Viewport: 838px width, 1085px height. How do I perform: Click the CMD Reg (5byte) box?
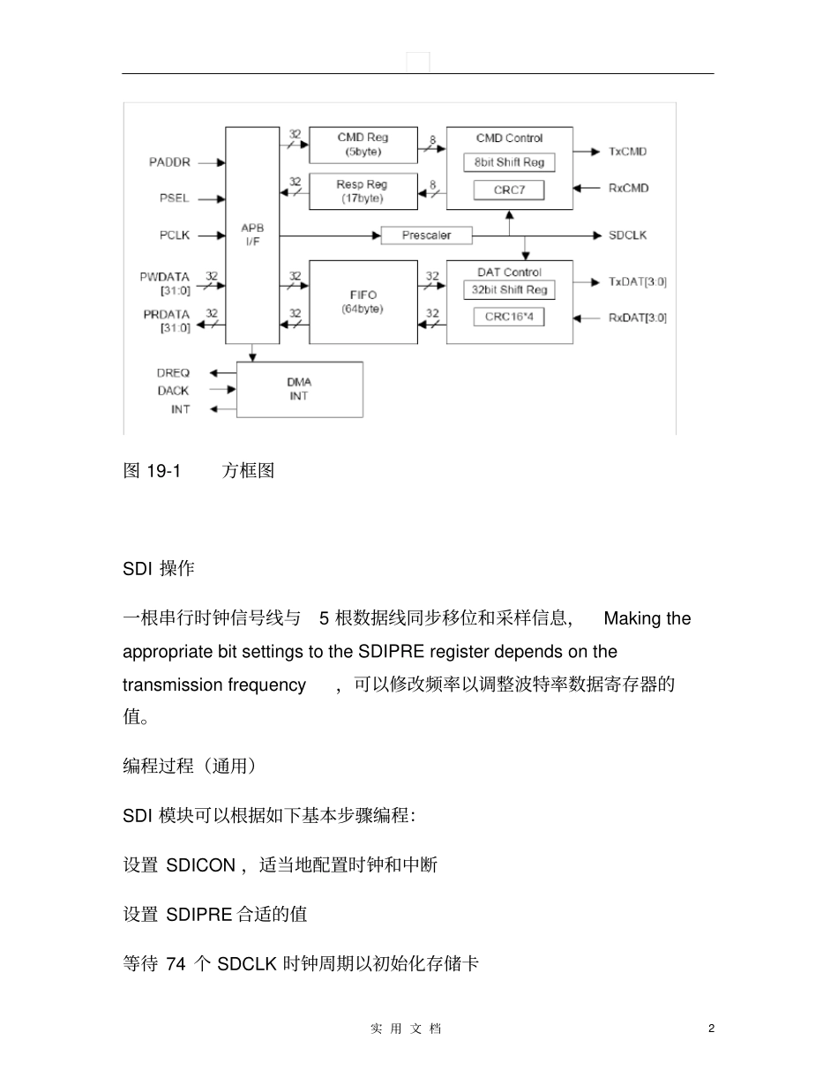(363, 145)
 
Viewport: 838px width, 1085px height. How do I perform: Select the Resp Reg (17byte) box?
(363, 191)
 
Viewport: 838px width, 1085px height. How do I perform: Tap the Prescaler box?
(426, 236)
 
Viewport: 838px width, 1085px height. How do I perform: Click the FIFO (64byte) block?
(363, 302)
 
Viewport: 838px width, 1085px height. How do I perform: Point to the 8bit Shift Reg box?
(509, 162)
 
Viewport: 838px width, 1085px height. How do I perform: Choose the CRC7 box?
(509, 190)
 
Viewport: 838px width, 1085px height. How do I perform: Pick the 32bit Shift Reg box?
(509, 290)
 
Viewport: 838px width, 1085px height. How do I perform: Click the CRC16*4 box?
(509, 316)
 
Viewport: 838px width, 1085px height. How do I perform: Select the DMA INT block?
(299, 389)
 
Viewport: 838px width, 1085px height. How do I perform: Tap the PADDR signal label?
(169, 162)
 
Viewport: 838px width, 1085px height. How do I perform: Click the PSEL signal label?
(174, 198)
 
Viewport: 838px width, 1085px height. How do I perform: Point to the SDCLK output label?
(628, 236)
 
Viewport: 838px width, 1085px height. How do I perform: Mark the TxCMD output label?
(627, 152)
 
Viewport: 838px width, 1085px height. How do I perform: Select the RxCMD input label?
(627, 188)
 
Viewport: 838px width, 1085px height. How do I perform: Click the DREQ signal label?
(174, 373)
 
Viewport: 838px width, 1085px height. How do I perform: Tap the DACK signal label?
(174, 390)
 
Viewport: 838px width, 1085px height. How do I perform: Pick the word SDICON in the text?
(200, 865)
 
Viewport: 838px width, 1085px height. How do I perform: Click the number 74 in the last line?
(176, 964)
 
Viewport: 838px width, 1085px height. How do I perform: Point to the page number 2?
(711, 1029)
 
